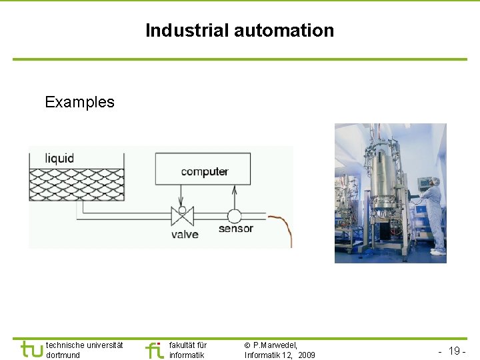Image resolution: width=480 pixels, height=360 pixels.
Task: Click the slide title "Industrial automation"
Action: [x=239, y=31]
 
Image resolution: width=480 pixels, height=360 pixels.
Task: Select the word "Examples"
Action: [x=79, y=102]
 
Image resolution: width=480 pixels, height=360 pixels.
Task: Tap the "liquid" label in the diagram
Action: [x=59, y=159]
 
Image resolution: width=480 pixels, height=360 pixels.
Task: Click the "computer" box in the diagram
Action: [x=203, y=169]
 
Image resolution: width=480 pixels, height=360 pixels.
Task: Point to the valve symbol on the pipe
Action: [x=181, y=216]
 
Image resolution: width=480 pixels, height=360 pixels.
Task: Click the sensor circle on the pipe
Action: [x=234, y=216]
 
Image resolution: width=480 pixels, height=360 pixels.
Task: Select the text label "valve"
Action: [x=185, y=234]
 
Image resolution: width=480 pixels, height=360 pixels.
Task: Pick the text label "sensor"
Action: [x=236, y=229]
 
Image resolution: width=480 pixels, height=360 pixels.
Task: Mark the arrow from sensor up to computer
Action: [x=234, y=196]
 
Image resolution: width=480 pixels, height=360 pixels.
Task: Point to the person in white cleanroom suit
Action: [x=434, y=213]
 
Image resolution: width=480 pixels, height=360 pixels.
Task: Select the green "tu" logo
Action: [x=32, y=349]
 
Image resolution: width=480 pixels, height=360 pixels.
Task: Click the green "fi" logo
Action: [x=154, y=350]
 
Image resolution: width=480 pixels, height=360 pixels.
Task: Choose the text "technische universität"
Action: [x=85, y=345]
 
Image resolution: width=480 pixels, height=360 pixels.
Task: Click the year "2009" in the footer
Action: [x=307, y=355]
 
